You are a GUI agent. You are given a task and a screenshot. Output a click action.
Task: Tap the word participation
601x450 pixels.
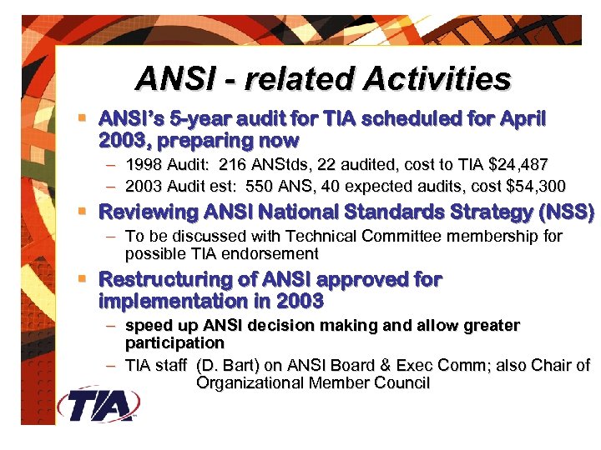click(174, 342)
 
